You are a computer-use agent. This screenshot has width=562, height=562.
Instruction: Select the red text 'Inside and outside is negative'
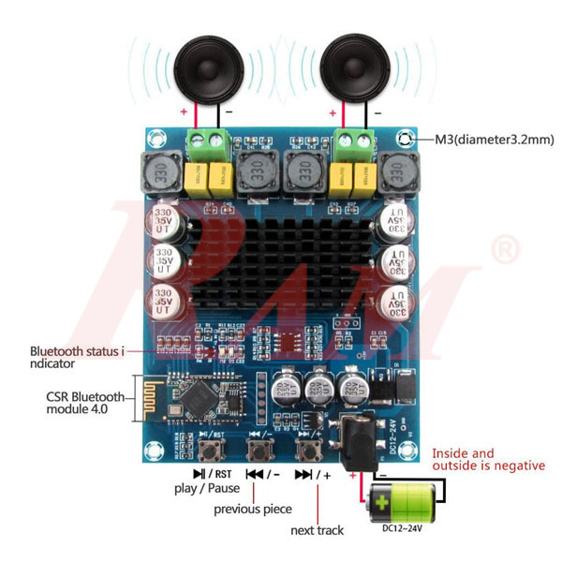(487, 459)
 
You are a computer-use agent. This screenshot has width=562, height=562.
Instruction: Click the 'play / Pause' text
(207, 488)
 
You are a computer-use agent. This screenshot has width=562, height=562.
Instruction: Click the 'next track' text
(317, 530)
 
